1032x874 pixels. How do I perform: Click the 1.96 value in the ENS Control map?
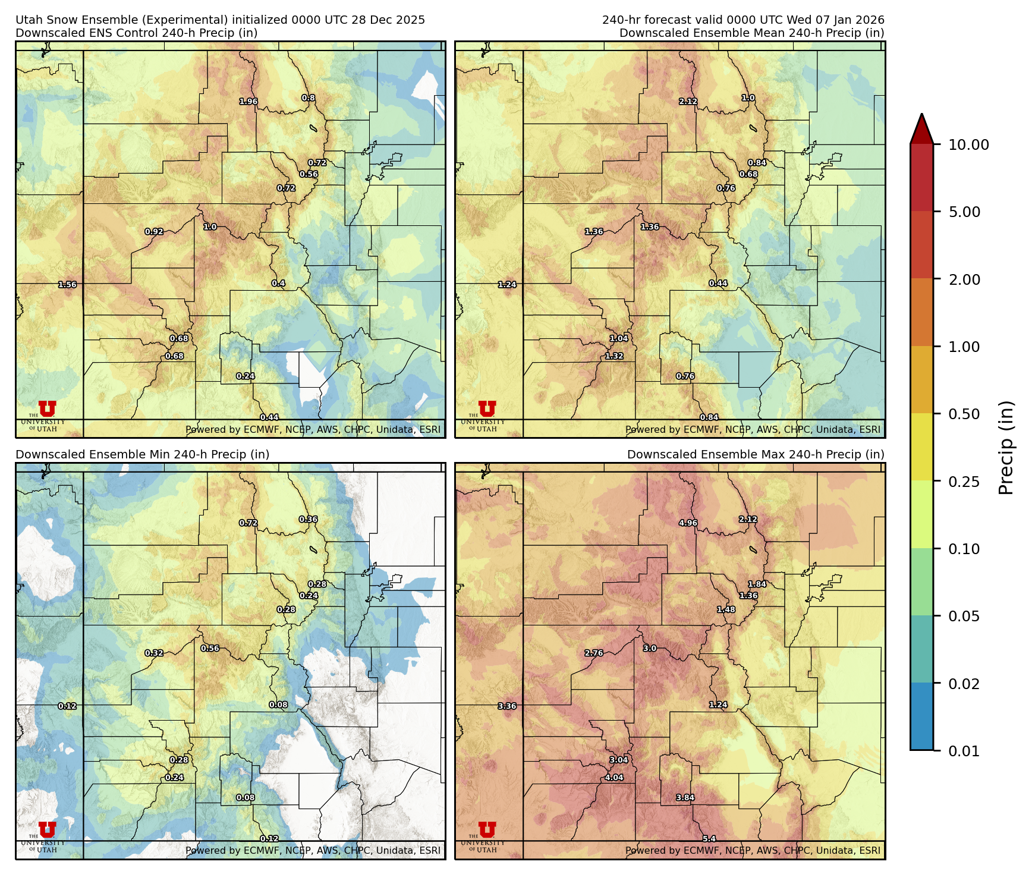248,102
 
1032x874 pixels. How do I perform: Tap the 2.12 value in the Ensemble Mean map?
688,102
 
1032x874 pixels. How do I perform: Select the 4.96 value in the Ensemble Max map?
688,523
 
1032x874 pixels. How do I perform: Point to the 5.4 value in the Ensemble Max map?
709,839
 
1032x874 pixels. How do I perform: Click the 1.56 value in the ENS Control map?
67,285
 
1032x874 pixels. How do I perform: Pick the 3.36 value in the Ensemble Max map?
507,706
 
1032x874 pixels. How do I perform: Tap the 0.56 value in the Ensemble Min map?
210,649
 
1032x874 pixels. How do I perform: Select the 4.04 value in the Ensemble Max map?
614,778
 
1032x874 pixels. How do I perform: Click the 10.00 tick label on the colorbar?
968,144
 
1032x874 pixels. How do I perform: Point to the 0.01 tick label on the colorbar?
964,751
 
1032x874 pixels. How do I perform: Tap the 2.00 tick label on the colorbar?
964,279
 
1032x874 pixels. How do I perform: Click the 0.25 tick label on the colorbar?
964,482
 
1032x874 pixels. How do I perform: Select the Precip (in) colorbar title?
1006,447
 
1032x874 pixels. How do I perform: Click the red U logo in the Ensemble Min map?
47,829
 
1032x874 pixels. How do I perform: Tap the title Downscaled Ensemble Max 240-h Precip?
755,454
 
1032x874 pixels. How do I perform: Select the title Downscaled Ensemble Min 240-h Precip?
142,454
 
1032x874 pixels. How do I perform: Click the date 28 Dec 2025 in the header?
391,20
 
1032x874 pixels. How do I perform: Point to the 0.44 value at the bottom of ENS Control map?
269,417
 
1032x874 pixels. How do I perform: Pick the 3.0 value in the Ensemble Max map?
650,649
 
